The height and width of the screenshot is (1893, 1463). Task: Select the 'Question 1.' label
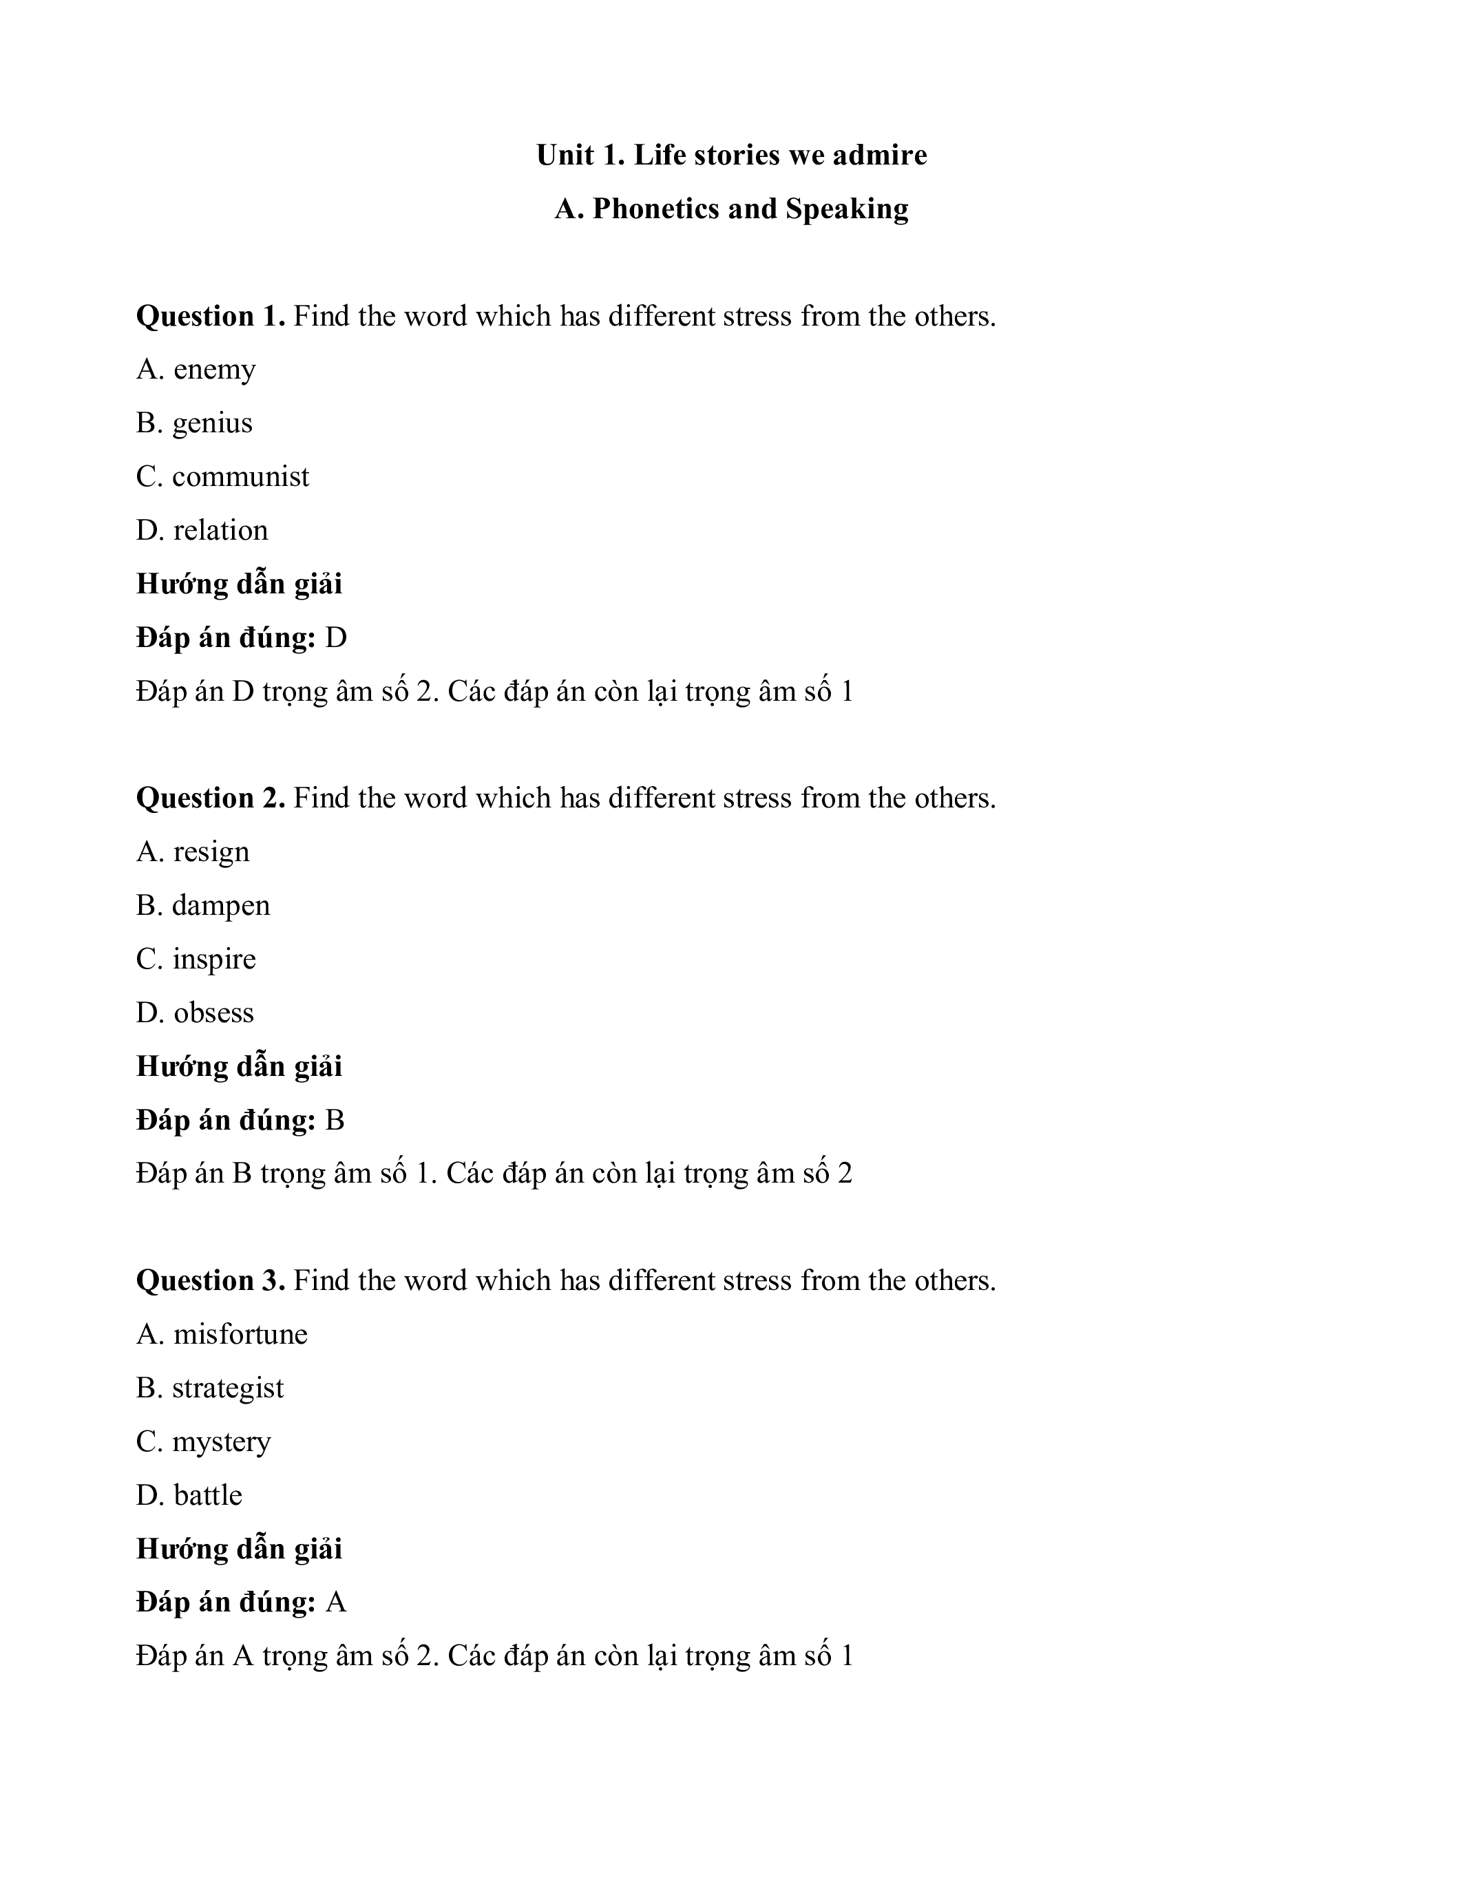(211, 317)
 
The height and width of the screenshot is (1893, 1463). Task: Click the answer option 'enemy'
(214, 370)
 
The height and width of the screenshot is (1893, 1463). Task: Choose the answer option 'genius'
(212, 424)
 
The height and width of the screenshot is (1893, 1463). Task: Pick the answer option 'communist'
(240, 477)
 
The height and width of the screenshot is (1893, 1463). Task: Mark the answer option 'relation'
(220, 531)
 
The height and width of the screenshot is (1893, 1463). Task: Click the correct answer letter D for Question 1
(335, 638)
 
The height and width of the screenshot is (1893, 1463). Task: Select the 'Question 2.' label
(211, 799)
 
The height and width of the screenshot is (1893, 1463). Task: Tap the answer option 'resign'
(211, 852)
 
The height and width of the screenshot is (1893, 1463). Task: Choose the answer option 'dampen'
(221, 906)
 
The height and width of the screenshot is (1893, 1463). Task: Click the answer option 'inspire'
(214, 960)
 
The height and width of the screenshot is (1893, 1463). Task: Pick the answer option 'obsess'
(213, 1013)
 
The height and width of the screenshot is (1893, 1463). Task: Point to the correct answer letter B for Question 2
(335, 1121)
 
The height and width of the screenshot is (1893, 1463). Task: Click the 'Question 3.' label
(211, 1280)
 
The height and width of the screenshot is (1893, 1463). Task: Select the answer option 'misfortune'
(240, 1334)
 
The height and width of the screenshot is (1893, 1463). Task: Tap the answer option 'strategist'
(228, 1388)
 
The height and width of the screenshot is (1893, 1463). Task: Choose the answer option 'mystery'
(221, 1442)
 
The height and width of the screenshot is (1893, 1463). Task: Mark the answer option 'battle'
(207, 1495)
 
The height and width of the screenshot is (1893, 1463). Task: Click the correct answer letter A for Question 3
(335, 1603)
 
